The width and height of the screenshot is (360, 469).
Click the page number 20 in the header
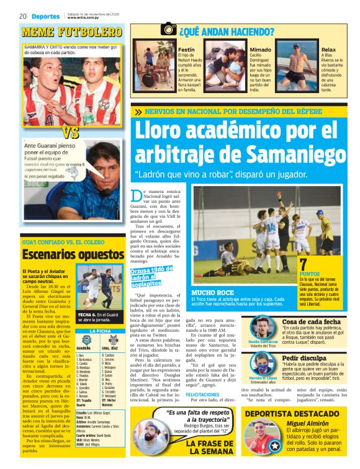click(22, 16)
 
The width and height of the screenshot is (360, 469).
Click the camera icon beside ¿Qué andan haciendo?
click(168, 29)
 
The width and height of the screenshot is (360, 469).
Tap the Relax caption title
click(328, 49)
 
